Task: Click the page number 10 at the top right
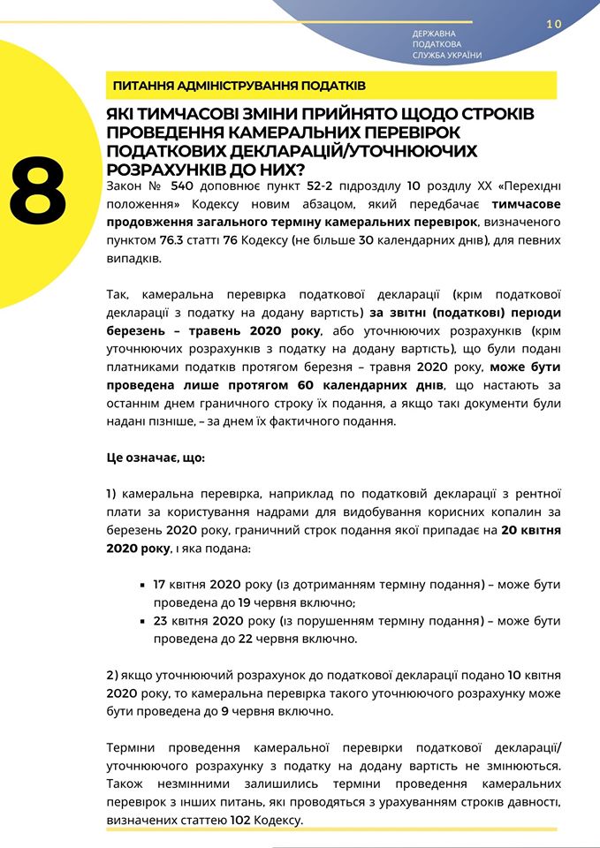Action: coord(554,25)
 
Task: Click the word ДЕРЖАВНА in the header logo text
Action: coord(434,34)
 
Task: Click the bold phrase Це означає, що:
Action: coord(155,458)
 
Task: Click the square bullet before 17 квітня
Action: coord(143,586)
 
